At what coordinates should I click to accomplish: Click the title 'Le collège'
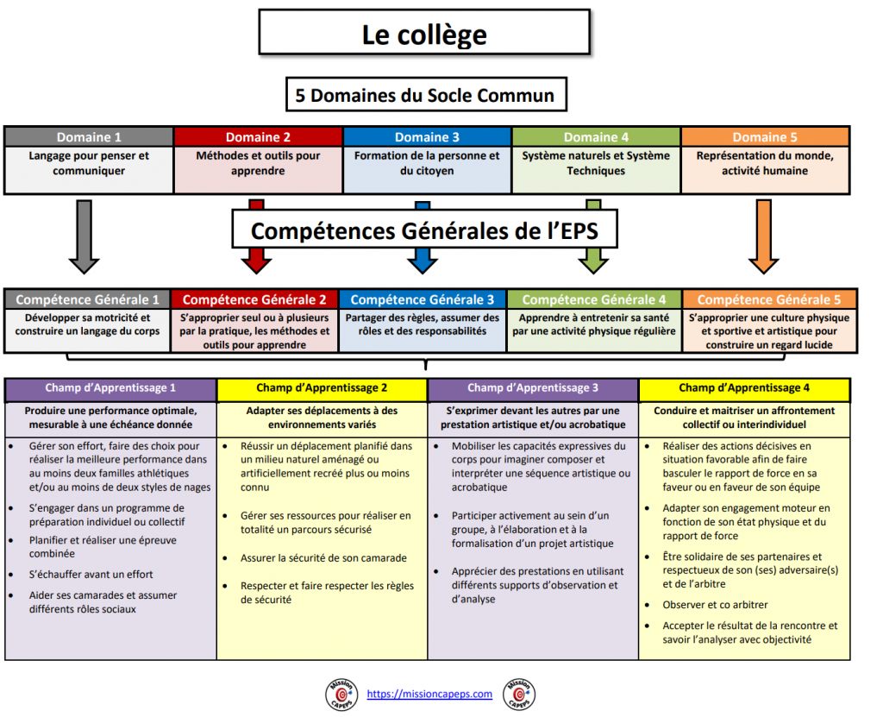(423, 35)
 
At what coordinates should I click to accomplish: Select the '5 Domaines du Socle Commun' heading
(425, 95)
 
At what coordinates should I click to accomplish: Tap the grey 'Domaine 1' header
(89, 137)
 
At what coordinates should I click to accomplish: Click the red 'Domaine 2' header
(258, 137)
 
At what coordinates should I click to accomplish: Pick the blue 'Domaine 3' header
(427, 137)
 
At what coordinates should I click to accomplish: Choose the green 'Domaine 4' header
(596, 137)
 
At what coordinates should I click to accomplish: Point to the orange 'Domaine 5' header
(765, 137)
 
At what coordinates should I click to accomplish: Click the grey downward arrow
(84, 236)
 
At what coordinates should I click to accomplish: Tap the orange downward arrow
(763, 236)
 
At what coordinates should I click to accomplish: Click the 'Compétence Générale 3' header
(423, 299)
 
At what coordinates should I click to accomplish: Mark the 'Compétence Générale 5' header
(769, 299)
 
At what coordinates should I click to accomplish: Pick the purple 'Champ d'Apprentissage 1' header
(111, 388)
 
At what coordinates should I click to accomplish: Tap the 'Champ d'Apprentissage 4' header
(744, 388)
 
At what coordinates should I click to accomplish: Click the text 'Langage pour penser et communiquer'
(89, 163)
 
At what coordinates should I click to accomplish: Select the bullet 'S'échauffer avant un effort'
(91, 574)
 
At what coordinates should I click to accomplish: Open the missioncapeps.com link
(429, 694)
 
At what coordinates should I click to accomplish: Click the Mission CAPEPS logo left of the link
(340, 695)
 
